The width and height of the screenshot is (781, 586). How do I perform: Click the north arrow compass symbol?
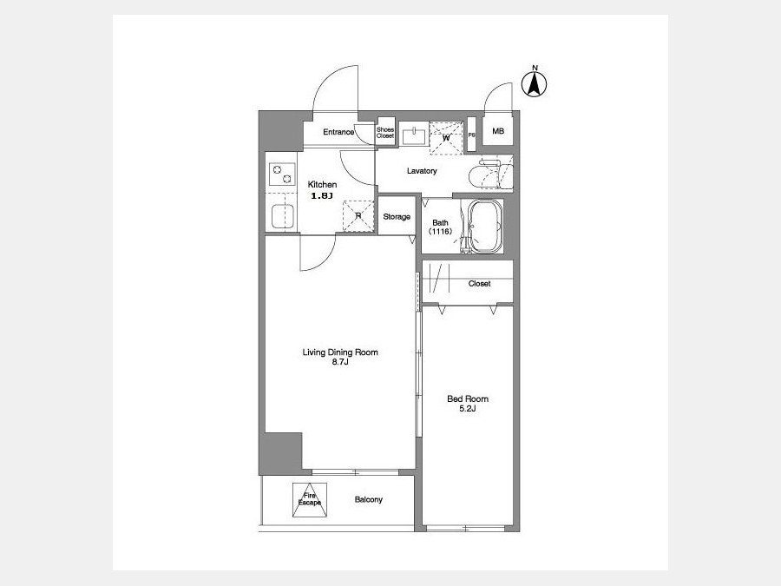pos(534,84)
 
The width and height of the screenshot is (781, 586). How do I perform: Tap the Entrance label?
pos(338,132)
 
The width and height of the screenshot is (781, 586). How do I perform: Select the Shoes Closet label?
pos(385,133)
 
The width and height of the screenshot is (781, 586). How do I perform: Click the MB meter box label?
pos(498,131)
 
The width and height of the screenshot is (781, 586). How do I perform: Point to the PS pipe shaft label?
pos(472,135)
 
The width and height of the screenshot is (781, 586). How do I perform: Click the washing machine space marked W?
pos(446,138)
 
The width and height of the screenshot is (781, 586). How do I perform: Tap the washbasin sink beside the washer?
pos(413,135)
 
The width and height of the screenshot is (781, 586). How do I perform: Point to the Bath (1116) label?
pos(440,227)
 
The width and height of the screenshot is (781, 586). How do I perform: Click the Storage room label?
pos(397,217)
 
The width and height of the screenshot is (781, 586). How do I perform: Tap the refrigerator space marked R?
pos(358,216)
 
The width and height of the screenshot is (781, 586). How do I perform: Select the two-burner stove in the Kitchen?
pos(282,174)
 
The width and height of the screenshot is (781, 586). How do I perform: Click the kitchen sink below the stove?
pos(282,217)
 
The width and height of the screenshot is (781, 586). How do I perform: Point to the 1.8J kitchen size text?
pos(322,196)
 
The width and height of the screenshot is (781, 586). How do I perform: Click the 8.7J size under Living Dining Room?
pos(340,362)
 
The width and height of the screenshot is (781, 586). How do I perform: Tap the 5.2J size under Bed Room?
pos(468,409)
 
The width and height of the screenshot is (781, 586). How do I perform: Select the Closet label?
pos(479,284)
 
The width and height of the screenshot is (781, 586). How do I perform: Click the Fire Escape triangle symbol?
pos(310,500)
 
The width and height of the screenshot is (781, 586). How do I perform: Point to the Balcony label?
pos(369,499)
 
